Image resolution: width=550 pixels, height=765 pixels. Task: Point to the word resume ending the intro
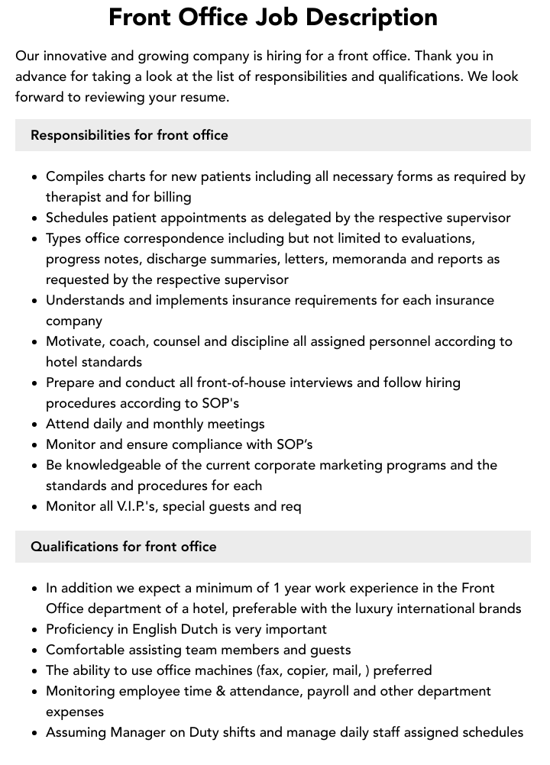202,97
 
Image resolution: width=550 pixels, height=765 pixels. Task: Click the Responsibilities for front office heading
129,135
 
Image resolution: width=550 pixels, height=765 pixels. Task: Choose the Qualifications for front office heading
124,547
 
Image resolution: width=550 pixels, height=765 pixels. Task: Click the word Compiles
75,176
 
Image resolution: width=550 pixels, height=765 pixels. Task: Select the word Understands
85,300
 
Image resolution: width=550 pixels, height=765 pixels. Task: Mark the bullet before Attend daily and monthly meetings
34,424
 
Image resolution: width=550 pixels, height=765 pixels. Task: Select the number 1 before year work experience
277,588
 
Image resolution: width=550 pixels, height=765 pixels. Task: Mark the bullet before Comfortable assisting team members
34,650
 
